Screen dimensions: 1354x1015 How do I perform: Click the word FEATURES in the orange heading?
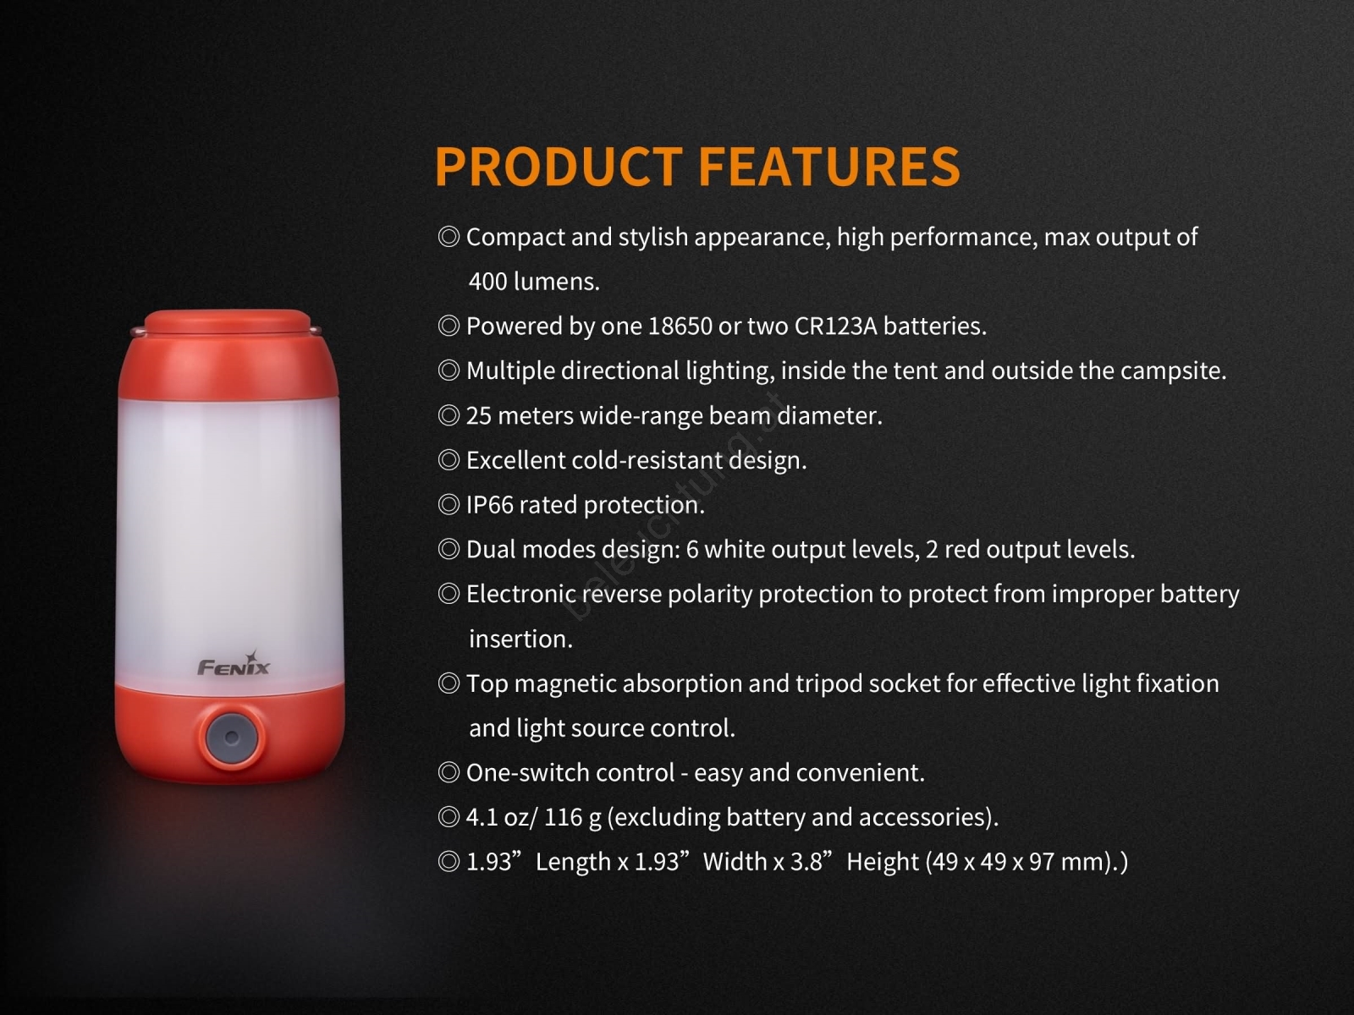(x=829, y=166)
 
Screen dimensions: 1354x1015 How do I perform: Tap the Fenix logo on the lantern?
(x=234, y=664)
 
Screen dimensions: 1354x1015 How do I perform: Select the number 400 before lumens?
(x=488, y=282)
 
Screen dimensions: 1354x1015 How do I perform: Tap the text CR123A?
(x=835, y=326)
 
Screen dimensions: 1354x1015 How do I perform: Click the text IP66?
(x=490, y=505)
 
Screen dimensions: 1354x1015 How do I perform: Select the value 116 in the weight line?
(x=564, y=818)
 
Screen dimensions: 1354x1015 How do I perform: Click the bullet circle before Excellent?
(x=449, y=460)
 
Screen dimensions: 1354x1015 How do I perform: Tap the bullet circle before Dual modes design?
(x=449, y=550)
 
